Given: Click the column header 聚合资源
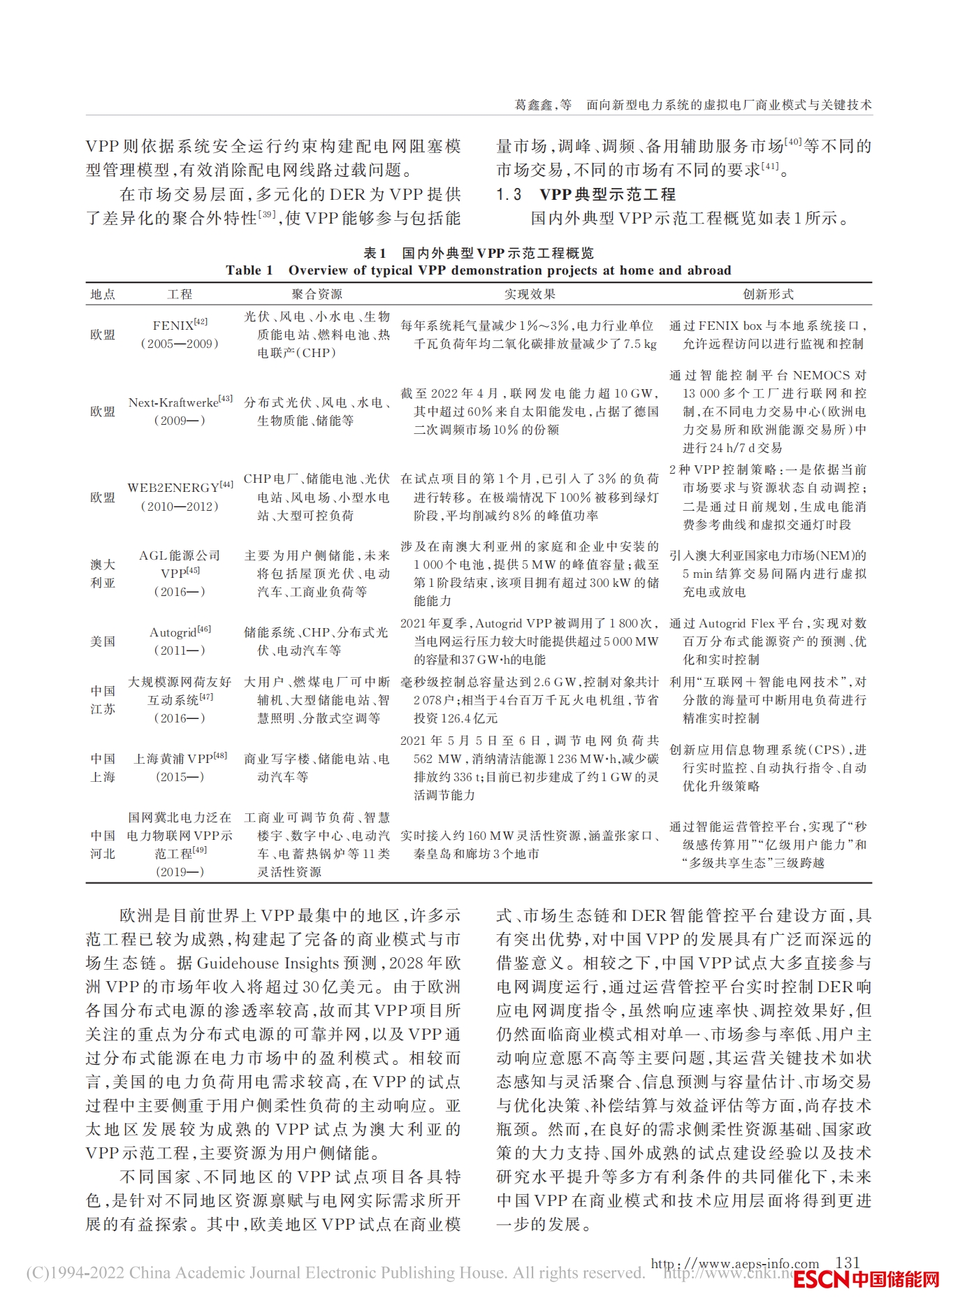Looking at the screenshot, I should tap(317, 294).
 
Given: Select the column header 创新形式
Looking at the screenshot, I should tap(768, 294).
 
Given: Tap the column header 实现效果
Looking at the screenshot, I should tap(530, 294).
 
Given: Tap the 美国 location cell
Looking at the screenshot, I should tap(103, 641).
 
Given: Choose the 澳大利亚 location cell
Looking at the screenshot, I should tap(103, 573).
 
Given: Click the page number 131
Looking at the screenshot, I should tap(847, 1262).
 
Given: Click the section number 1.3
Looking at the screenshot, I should tap(509, 194).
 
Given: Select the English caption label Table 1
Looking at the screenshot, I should tap(249, 270).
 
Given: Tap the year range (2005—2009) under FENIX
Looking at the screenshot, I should tap(180, 344).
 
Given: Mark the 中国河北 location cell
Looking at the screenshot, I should tap(103, 844).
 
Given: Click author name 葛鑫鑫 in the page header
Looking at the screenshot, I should tap(533, 105).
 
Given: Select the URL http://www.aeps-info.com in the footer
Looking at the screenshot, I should tap(734, 1263).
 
